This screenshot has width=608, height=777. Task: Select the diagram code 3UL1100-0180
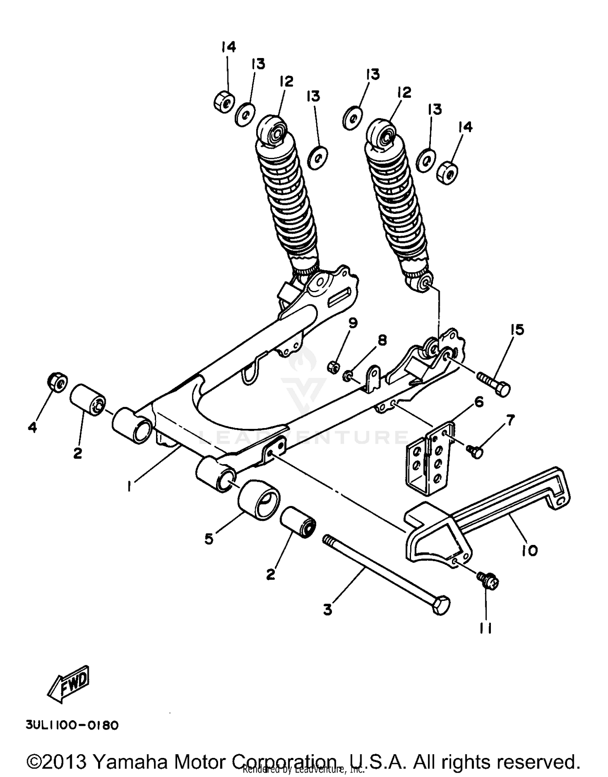pos(72,725)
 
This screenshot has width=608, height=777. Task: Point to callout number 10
pos(530,551)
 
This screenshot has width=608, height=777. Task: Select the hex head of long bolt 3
pos(441,606)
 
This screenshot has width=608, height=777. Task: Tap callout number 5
pos(209,539)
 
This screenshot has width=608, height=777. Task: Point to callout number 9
pos(353,323)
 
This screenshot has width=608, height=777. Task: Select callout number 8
pos(382,340)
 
